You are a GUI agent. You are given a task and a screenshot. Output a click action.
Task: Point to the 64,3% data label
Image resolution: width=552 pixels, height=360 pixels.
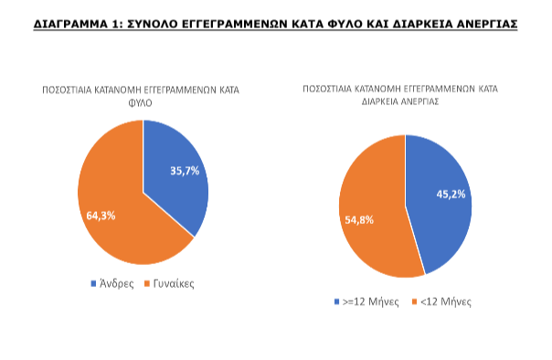[101, 215]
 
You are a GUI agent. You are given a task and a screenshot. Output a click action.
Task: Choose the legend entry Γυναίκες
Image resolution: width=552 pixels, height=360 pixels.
[174, 283]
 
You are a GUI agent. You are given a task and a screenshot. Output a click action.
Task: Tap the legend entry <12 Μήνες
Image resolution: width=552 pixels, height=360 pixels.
[448, 301]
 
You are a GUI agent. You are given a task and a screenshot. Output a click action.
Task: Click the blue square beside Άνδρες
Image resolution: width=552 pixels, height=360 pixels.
[93, 283]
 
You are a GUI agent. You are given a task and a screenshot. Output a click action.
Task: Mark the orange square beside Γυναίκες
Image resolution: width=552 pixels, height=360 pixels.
[145, 283]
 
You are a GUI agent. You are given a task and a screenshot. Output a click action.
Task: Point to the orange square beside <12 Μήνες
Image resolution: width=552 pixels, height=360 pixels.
[420, 301]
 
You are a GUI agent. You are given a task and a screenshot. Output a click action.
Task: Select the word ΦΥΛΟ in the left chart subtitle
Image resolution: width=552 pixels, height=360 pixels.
[143, 103]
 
